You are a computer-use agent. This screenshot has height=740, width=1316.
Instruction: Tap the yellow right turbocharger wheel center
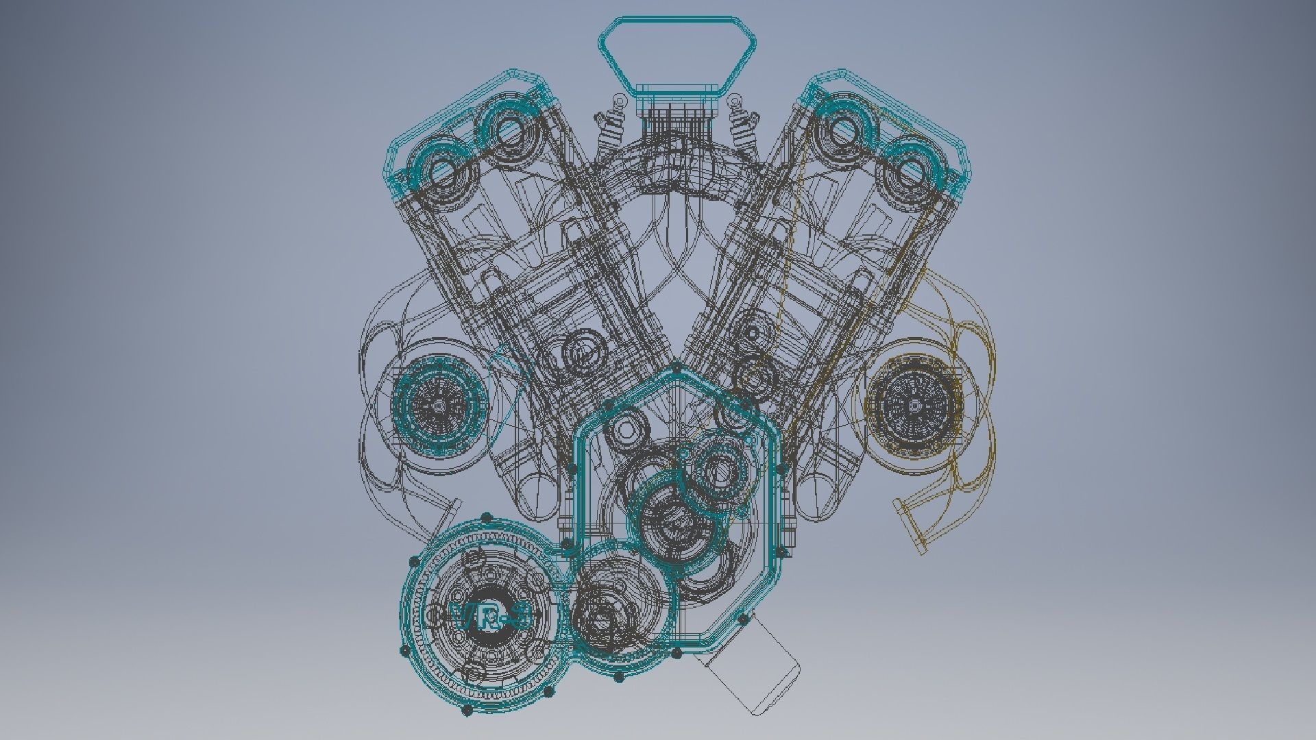[x=914, y=406]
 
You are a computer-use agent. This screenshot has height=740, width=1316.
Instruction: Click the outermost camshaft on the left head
[x=439, y=169]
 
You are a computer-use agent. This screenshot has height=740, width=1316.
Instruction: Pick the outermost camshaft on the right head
[x=910, y=169]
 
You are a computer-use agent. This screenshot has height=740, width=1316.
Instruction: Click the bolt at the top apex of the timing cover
[x=677, y=369]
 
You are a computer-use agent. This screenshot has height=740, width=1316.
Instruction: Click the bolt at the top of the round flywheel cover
[x=487, y=517]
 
